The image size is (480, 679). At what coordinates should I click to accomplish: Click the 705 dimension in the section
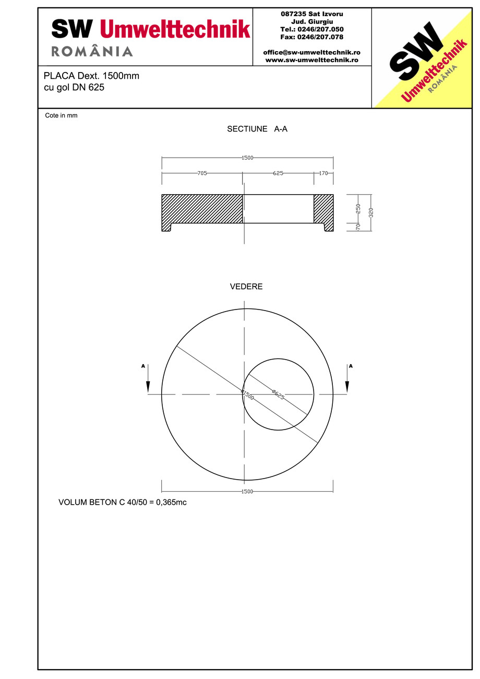pyautogui.click(x=202, y=173)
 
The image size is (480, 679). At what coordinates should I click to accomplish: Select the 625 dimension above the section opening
pyautogui.click(x=278, y=173)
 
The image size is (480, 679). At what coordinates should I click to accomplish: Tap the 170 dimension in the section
pyautogui.click(x=323, y=173)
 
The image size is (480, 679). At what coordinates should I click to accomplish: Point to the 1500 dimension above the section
pyautogui.click(x=247, y=158)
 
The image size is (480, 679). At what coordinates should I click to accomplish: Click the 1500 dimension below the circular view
pyautogui.click(x=247, y=492)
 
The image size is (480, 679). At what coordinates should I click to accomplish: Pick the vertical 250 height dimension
pyautogui.click(x=358, y=208)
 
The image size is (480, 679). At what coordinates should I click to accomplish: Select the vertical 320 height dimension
pyautogui.click(x=371, y=212)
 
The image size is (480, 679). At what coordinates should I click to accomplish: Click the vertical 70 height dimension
pyautogui.click(x=358, y=227)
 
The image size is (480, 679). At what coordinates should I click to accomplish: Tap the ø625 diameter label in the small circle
pyautogui.click(x=278, y=394)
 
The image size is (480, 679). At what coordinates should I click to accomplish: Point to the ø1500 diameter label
pyautogui.click(x=247, y=395)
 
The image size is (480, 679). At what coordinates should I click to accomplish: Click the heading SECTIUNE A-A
pyautogui.click(x=257, y=129)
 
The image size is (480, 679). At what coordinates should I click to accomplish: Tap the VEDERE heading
pyautogui.click(x=246, y=287)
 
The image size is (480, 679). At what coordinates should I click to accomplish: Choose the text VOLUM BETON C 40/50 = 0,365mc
pyautogui.click(x=123, y=503)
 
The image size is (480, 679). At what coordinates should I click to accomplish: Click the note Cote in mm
pyautogui.click(x=61, y=115)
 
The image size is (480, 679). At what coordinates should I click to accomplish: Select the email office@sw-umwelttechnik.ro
pyautogui.click(x=311, y=52)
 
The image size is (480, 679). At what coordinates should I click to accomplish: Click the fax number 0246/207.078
pyautogui.click(x=311, y=37)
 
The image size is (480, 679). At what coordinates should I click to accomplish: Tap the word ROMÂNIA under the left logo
pyautogui.click(x=92, y=51)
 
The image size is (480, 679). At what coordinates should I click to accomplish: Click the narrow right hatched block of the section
pyautogui.click(x=323, y=208)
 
